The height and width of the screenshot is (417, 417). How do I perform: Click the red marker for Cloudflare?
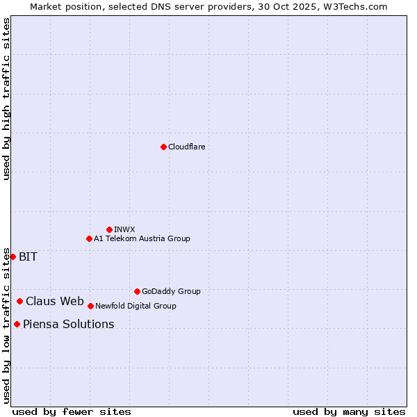(163, 147)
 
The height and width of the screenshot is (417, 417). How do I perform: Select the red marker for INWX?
(109, 229)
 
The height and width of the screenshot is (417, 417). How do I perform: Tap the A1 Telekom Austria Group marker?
(89, 238)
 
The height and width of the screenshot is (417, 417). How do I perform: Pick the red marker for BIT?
(13, 256)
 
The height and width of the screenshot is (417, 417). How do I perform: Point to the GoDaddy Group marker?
(137, 291)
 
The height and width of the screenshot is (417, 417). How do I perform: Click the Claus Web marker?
(19, 301)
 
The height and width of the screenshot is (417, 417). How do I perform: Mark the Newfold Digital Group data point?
(90, 306)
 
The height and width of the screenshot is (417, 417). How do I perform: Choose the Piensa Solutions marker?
(17, 324)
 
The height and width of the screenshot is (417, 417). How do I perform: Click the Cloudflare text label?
(187, 147)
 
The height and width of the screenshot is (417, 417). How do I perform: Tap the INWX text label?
(124, 229)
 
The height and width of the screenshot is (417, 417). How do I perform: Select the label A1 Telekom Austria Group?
(142, 238)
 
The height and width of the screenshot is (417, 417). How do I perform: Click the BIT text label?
(28, 256)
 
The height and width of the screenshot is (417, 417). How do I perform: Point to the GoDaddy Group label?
(171, 291)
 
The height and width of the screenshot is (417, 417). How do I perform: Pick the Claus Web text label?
(55, 301)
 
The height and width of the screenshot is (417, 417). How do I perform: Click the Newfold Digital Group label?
(136, 306)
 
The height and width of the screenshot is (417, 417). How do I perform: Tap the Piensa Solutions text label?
(68, 324)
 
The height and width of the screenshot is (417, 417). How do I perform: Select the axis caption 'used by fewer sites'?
(72, 411)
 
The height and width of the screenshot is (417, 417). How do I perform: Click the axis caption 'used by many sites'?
(349, 411)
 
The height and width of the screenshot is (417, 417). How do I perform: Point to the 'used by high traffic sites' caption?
(6, 99)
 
